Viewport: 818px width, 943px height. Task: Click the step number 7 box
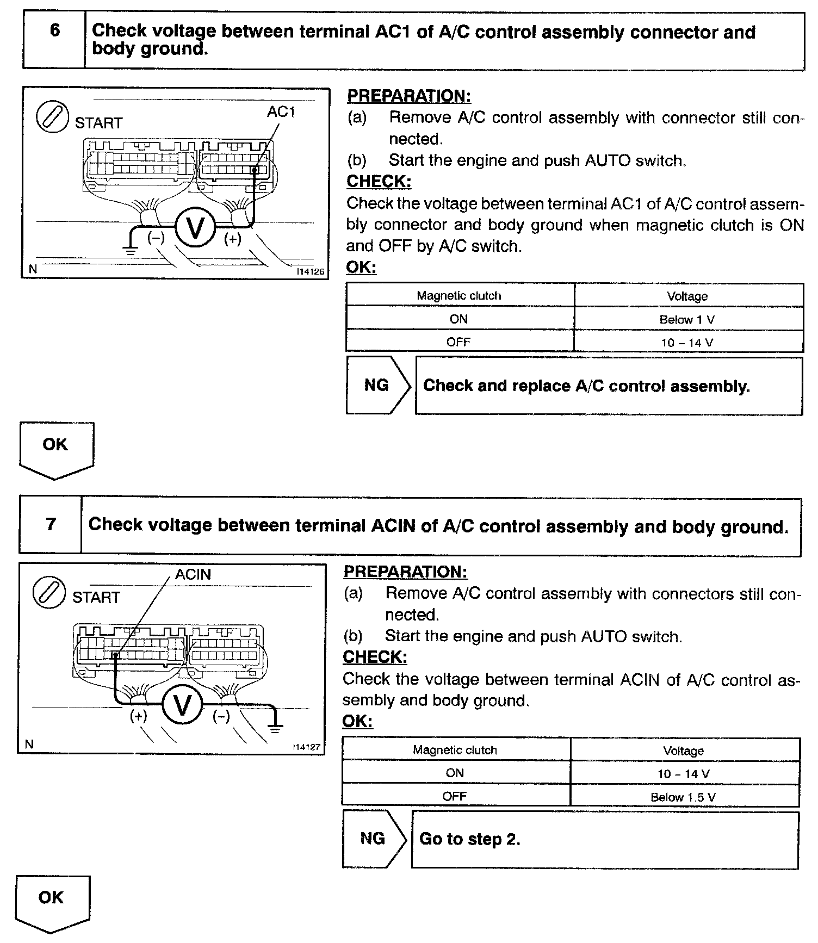pyautogui.click(x=51, y=525)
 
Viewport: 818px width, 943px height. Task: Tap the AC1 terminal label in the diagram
pyautogui.click(x=281, y=112)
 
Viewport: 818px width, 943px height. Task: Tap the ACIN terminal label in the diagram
pyautogui.click(x=193, y=575)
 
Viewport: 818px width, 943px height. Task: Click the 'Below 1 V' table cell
pyautogui.click(x=687, y=320)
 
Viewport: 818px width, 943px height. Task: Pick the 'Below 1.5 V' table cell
pyautogui.click(x=683, y=797)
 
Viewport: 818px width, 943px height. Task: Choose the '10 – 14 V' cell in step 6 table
pyautogui.click(x=687, y=343)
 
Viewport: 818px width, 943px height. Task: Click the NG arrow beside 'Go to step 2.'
pyautogui.click(x=374, y=839)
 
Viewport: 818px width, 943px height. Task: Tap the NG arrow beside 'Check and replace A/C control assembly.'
pyautogui.click(x=378, y=386)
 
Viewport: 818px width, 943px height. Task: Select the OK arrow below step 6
pyautogui.click(x=56, y=449)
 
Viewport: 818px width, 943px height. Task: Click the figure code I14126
pyautogui.click(x=310, y=271)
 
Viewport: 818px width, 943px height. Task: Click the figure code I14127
pyautogui.click(x=306, y=747)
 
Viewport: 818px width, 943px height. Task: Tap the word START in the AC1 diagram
pyautogui.click(x=98, y=123)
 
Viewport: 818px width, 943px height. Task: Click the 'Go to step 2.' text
pyautogui.click(x=470, y=839)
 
